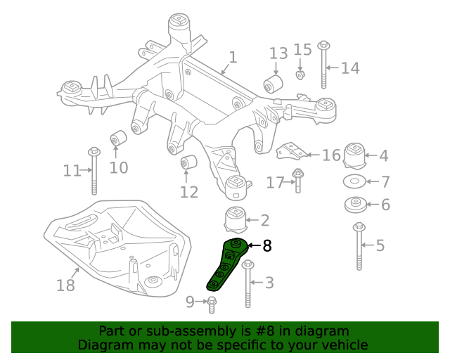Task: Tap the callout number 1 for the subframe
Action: tap(233, 58)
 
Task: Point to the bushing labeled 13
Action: tap(273, 85)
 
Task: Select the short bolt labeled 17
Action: tap(298, 181)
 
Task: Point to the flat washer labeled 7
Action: tap(354, 182)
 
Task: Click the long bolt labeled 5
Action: tap(359, 246)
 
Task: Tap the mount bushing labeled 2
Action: tap(236, 219)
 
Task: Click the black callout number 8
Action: tap(267, 246)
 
